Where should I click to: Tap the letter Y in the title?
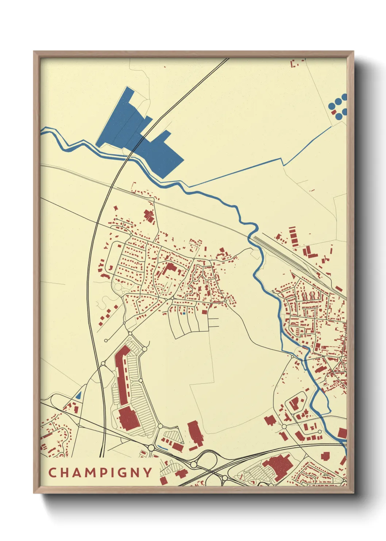tap(147, 473)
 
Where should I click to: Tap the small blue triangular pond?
tap(78, 395)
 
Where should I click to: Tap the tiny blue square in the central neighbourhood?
tap(184, 313)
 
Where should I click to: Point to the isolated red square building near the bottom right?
tap(325, 456)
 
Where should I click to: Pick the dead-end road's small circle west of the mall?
tap(106, 340)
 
